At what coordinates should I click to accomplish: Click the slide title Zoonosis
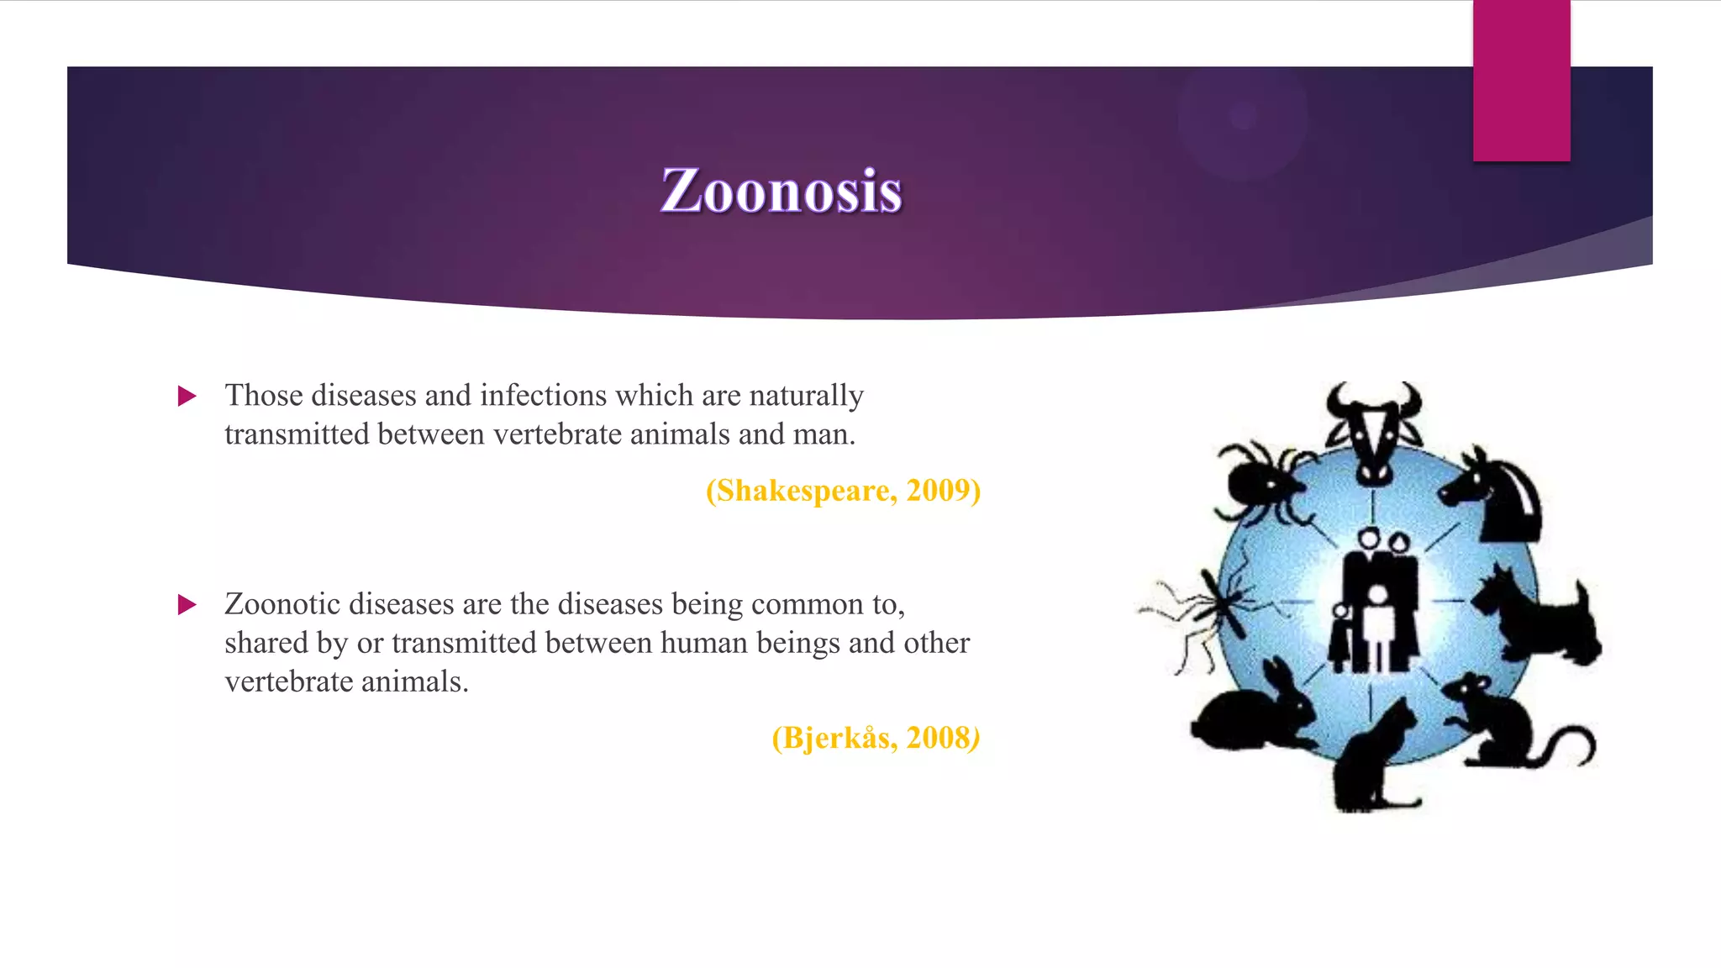[782, 191]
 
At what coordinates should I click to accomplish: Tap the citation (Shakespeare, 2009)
[843, 491]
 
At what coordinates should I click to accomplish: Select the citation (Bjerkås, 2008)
[876, 738]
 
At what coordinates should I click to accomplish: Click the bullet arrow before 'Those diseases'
[187, 396]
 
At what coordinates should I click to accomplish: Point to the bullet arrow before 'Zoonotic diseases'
[187, 604]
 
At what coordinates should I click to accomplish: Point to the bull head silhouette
[1374, 429]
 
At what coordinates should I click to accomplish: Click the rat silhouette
[1504, 723]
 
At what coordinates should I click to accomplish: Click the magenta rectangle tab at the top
[1521, 81]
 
